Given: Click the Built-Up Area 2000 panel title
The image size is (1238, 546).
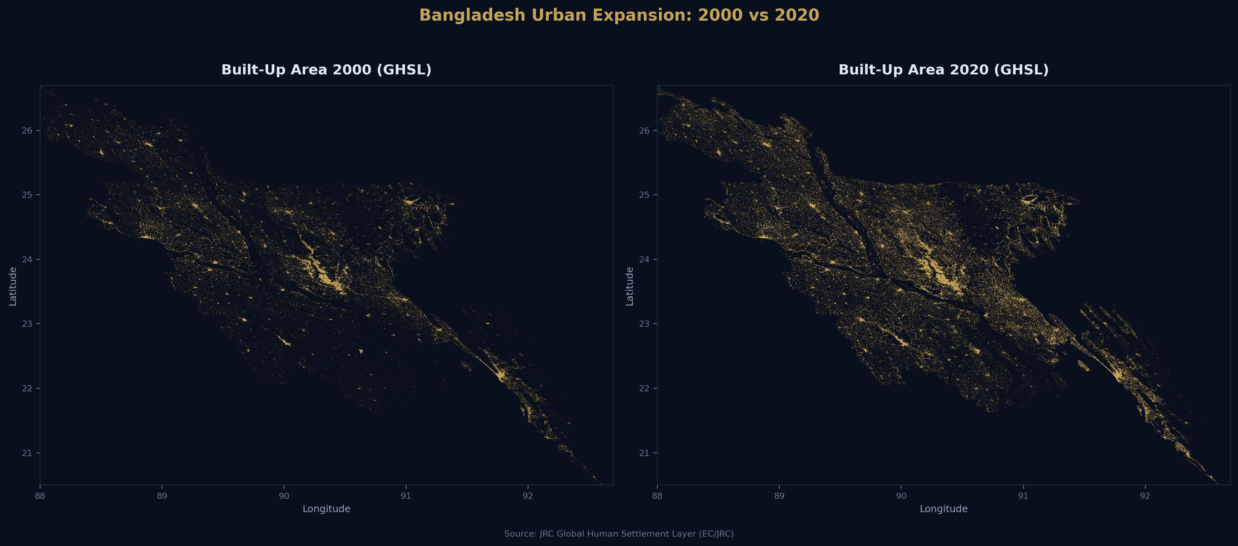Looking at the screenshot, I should click(x=326, y=70).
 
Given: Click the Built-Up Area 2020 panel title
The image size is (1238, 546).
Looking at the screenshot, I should click(x=944, y=70).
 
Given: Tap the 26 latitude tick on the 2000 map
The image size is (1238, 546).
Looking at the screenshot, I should click(x=27, y=131).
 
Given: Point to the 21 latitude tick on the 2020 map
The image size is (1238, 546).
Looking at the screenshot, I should click(x=644, y=453).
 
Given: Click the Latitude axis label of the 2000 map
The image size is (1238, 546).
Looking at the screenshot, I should click(x=13, y=287).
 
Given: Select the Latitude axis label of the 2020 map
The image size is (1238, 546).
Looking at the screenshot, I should click(x=630, y=287).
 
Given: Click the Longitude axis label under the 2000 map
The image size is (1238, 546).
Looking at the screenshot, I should click(x=326, y=509).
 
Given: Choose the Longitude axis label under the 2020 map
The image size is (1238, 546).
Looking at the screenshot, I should click(x=944, y=509).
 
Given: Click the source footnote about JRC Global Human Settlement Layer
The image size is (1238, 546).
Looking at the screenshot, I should click(x=619, y=534).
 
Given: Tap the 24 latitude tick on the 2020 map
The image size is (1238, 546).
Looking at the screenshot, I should click(x=644, y=259).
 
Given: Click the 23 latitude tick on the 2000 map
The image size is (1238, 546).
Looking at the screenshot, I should click(x=27, y=324).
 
